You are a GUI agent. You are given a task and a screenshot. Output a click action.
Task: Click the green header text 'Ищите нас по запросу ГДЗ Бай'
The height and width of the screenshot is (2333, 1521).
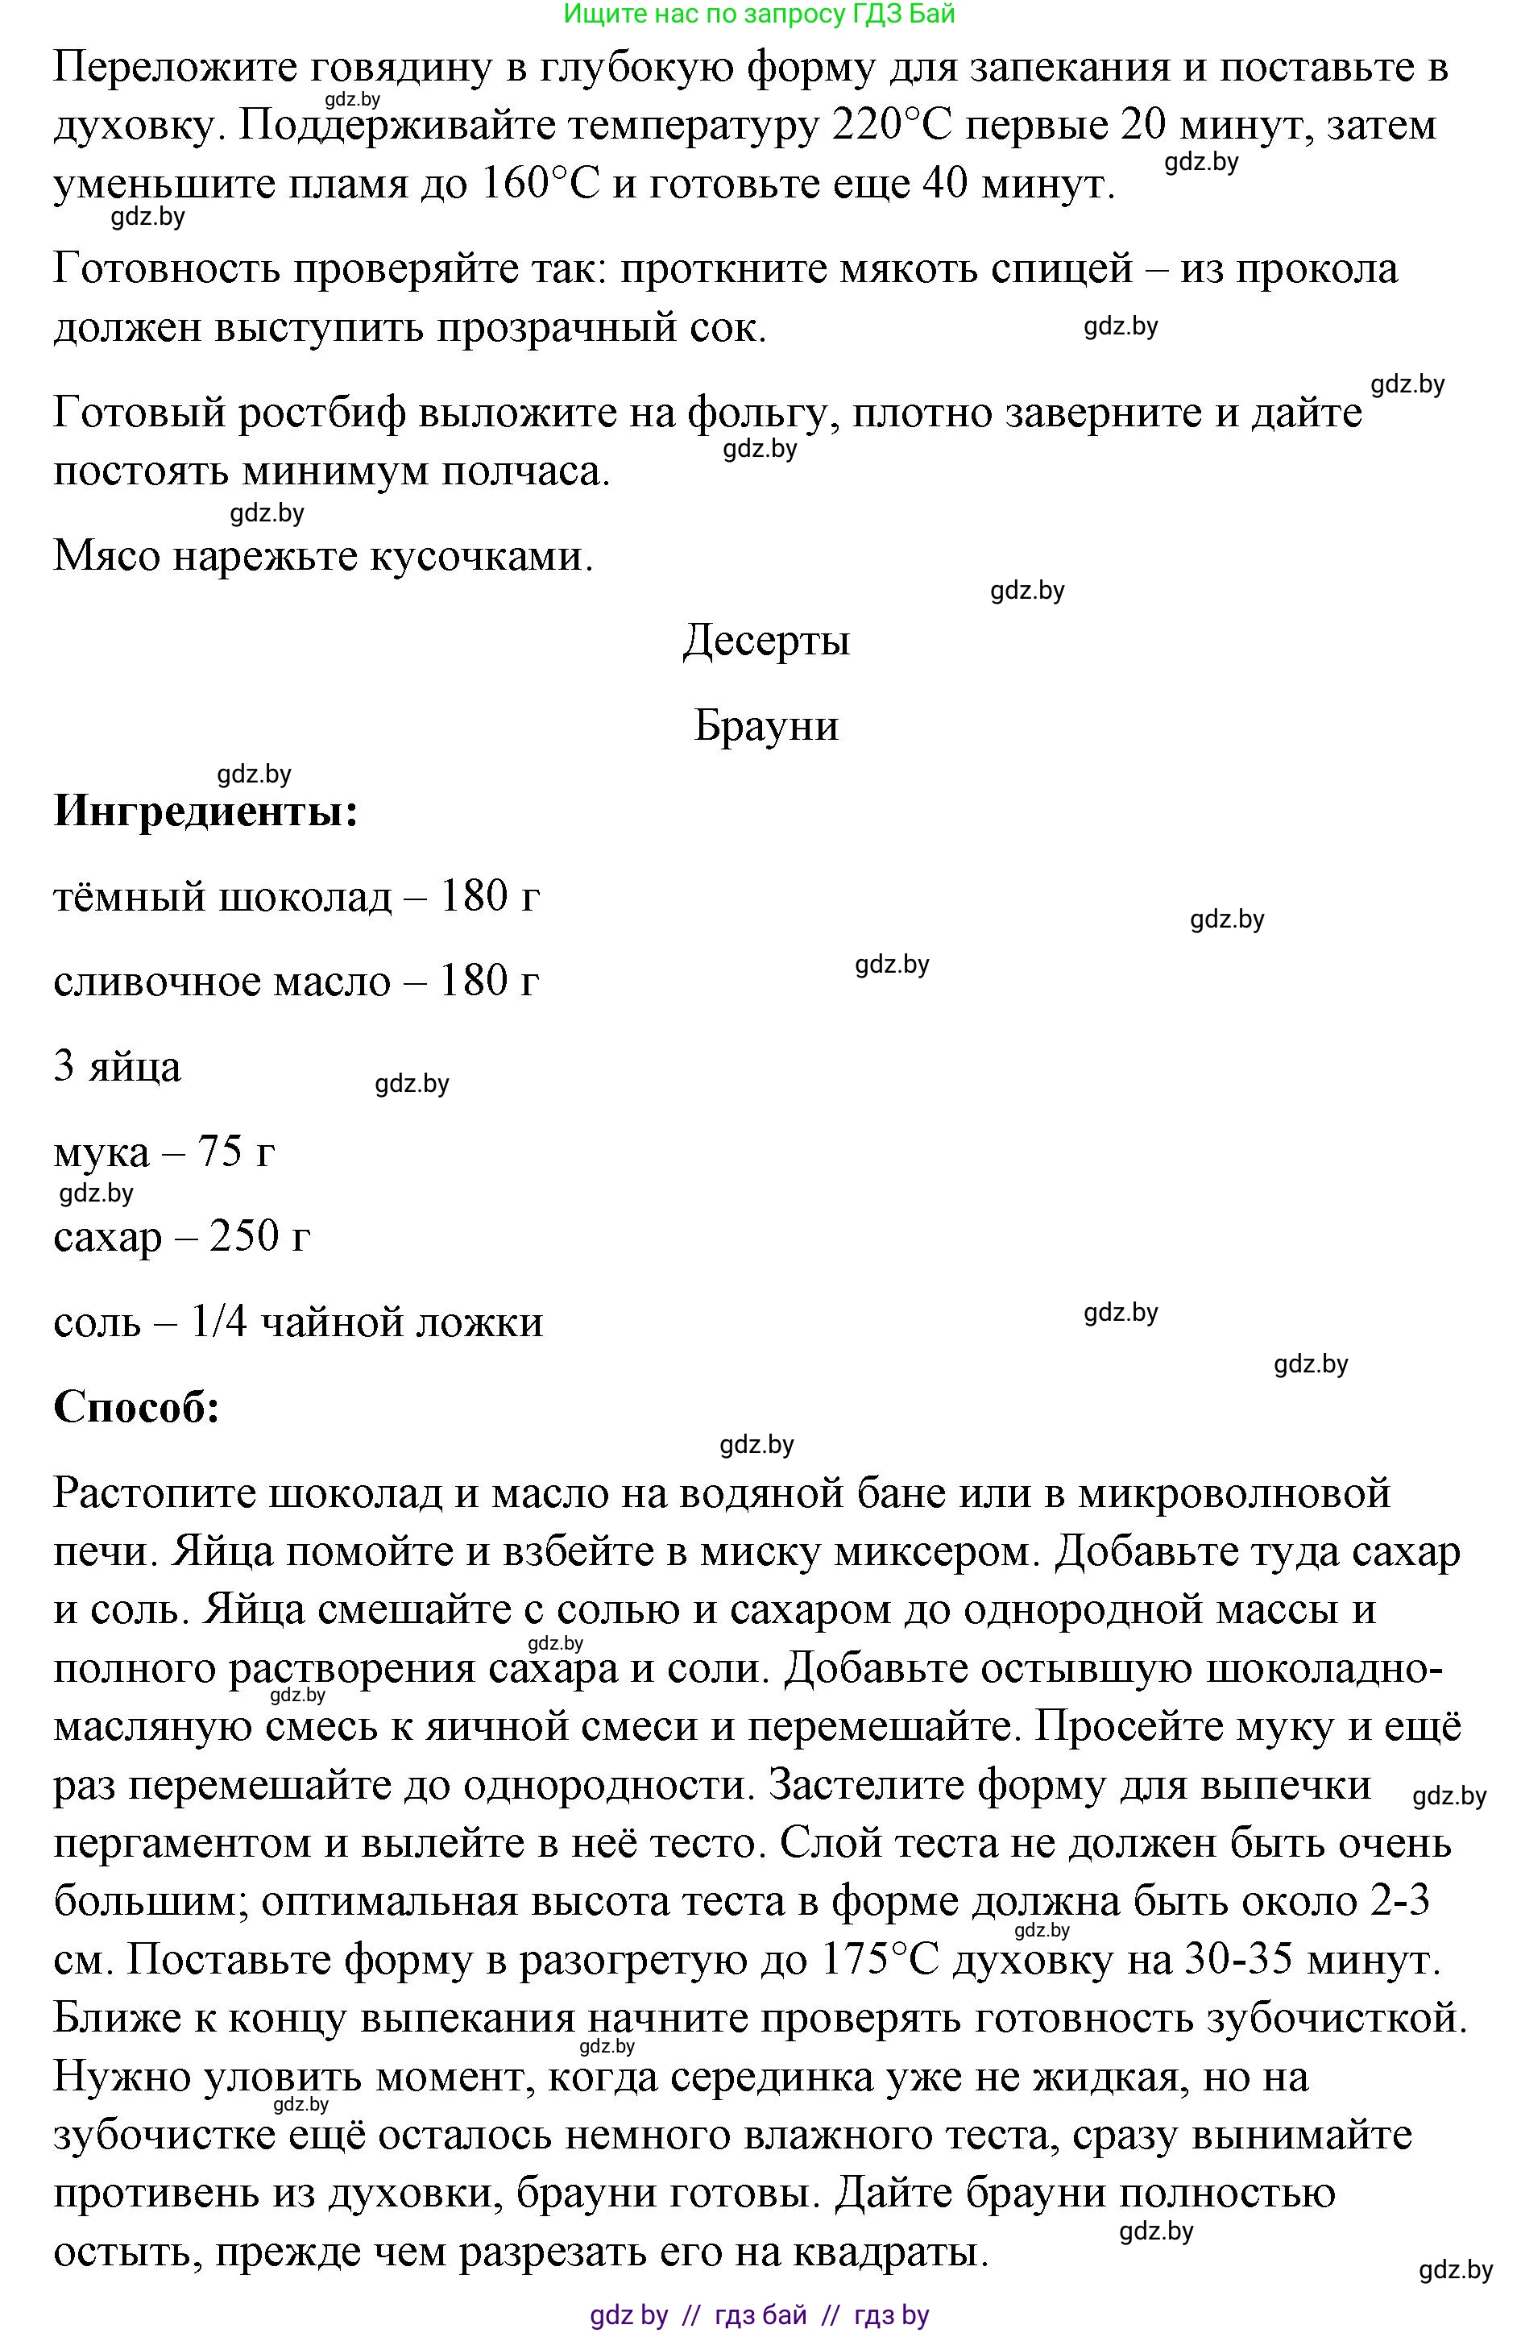[760, 14]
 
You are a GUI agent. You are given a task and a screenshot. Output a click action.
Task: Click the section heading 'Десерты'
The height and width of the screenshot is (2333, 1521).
[765, 640]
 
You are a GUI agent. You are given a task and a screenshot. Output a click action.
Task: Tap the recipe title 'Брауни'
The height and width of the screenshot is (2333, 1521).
[765, 725]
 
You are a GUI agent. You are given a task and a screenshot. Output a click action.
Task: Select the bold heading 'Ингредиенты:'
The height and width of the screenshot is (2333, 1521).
[205, 811]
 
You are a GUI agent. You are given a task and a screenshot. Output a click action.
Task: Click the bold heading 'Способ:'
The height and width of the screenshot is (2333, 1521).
[136, 1407]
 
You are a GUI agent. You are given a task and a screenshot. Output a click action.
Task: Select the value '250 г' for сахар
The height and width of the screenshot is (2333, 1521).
[259, 1237]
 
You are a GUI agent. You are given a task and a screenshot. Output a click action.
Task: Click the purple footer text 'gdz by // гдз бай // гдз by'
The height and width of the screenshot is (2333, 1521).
[760, 2314]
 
